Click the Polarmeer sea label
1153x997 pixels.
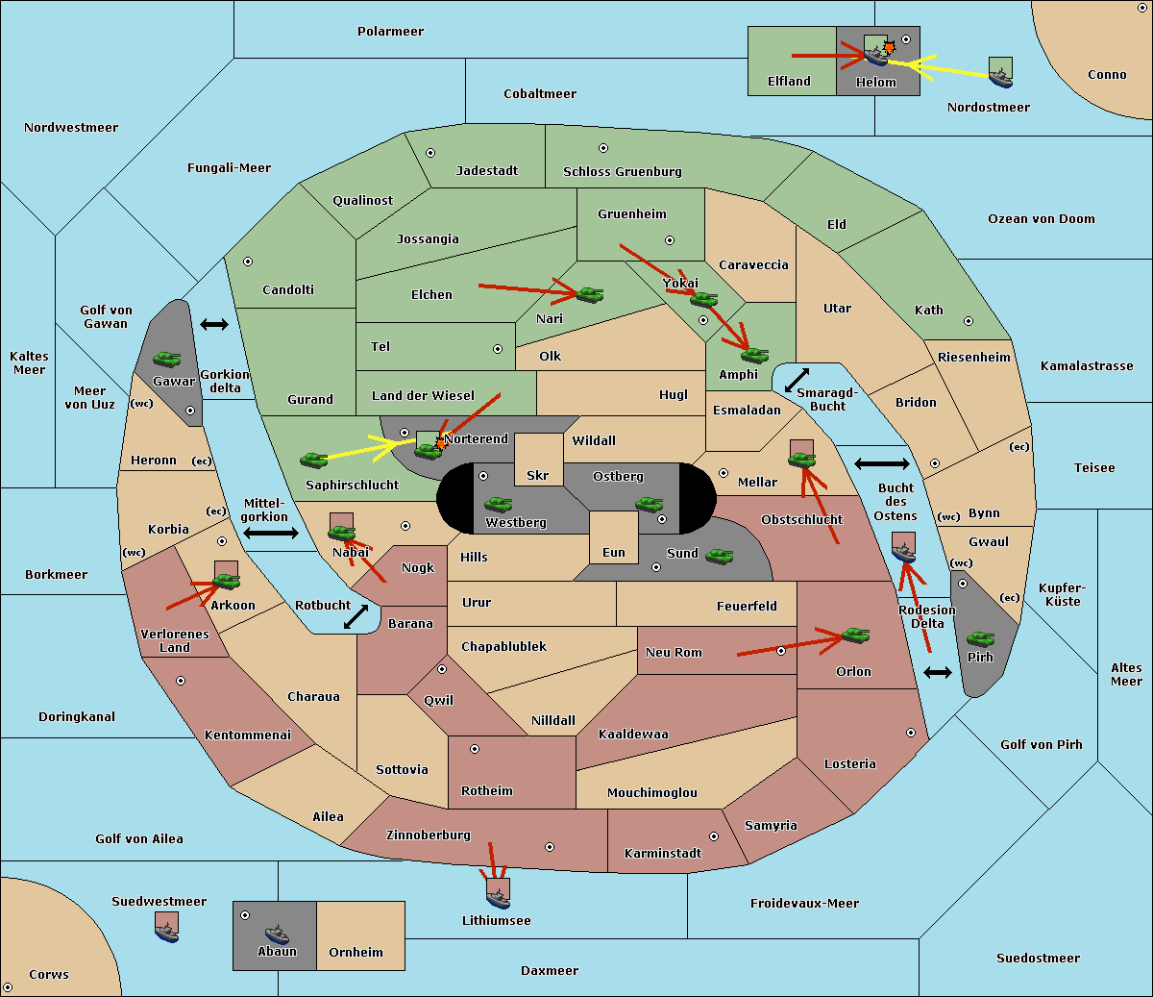point(390,32)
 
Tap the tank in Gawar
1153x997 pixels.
point(167,359)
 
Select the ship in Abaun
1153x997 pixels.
point(277,934)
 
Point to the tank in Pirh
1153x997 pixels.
point(980,638)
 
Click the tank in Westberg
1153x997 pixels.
point(498,504)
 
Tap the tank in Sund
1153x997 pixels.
point(719,556)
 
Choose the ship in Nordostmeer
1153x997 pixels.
point(1001,78)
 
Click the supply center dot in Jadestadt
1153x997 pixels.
point(430,153)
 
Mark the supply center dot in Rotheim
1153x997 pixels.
point(474,749)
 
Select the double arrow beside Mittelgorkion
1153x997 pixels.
point(271,533)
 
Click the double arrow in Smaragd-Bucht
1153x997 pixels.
point(797,380)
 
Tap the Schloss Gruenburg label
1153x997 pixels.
point(622,171)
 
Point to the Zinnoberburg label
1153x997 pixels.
point(429,835)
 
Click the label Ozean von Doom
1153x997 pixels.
point(1041,219)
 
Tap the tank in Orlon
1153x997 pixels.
point(855,636)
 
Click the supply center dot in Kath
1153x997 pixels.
point(969,321)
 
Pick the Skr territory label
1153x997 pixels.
point(537,475)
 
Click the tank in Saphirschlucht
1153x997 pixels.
point(313,460)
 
